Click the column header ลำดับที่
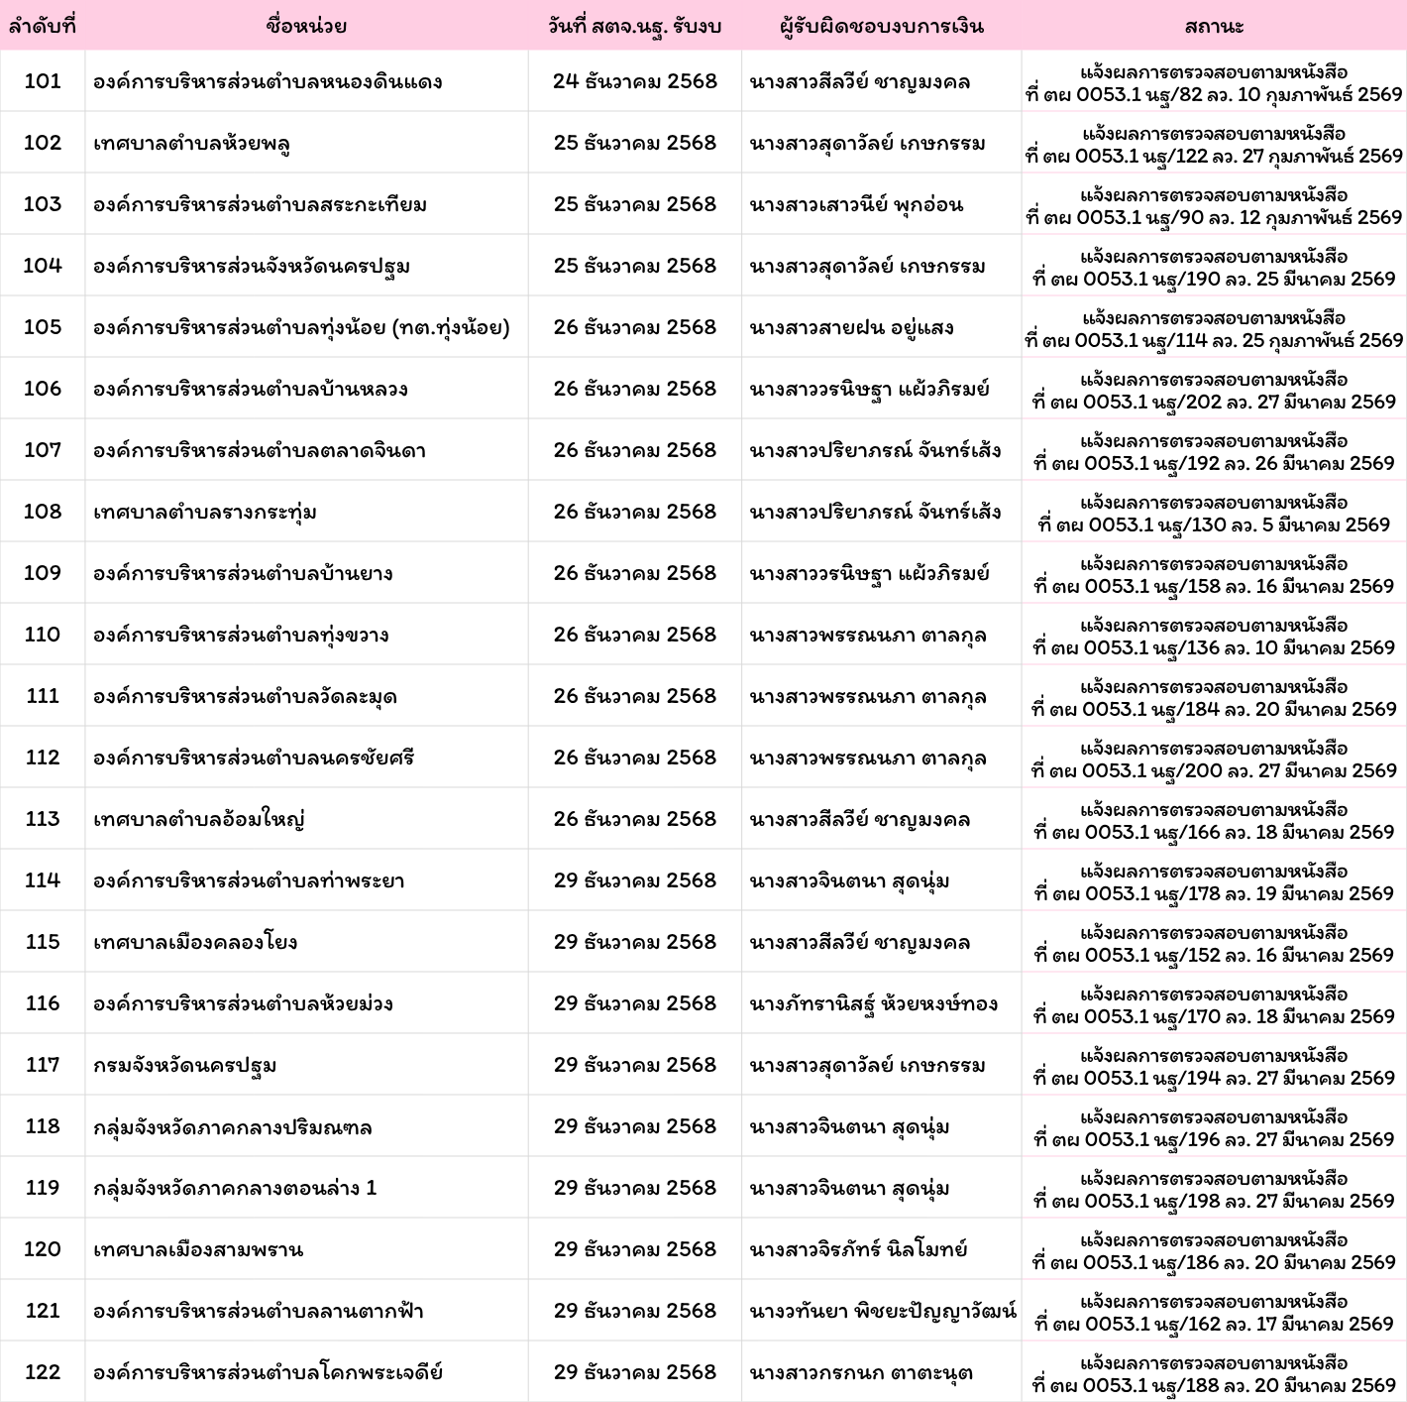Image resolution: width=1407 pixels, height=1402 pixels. click(42, 26)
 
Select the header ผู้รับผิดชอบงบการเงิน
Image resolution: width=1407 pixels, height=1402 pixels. click(881, 26)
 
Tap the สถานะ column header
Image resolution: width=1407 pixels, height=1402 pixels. click(1214, 26)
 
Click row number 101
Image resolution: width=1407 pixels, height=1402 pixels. click(43, 81)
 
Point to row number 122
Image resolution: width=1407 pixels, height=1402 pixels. click(43, 1372)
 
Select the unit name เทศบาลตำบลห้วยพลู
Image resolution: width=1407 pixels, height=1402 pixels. click(191, 143)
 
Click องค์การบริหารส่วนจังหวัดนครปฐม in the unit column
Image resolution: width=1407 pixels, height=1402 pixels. click(252, 266)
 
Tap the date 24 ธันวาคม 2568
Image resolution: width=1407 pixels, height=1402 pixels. click(634, 81)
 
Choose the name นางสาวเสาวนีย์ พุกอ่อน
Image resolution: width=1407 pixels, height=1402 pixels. click(856, 204)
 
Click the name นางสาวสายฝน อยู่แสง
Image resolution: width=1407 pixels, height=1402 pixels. click(851, 327)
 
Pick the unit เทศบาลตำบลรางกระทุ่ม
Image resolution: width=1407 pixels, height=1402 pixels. click(205, 512)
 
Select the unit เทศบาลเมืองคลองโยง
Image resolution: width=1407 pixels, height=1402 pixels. click(195, 942)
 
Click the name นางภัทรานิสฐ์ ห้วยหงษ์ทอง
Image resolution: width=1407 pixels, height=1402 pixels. click(873, 1003)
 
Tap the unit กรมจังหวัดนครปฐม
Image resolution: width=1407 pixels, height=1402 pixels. click(185, 1065)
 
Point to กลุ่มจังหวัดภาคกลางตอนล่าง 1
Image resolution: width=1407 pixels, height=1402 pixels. click(235, 1188)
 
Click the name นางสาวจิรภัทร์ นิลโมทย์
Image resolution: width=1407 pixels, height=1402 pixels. click(858, 1249)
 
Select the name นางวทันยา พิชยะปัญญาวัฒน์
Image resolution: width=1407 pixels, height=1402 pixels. click(883, 1311)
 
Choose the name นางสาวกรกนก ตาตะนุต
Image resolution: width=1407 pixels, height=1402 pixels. click(861, 1372)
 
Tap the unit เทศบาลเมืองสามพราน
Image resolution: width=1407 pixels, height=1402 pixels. click(198, 1249)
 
